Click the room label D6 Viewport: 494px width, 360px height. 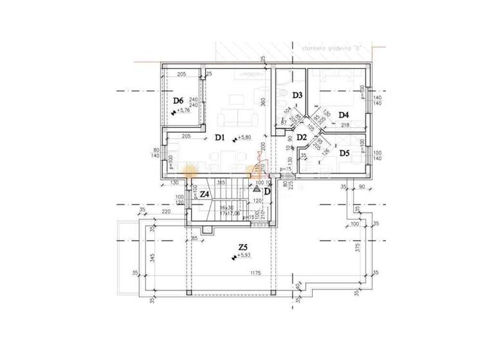point(178,100)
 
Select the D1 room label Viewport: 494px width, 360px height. point(219,136)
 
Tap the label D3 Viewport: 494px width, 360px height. point(297,95)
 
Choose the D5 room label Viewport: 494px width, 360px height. point(344,153)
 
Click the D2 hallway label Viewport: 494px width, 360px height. point(301,137)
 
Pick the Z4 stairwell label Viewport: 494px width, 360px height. point(205,194)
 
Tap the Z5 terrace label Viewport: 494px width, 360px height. point(243,247)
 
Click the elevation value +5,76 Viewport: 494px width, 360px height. point(184,111)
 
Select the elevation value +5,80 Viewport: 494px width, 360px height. point(244,138)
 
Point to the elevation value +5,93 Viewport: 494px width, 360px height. point(244,256)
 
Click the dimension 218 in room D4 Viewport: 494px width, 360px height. point(345,125)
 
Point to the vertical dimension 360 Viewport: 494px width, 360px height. point(263,101)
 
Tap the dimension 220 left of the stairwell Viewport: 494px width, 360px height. point(166,212)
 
